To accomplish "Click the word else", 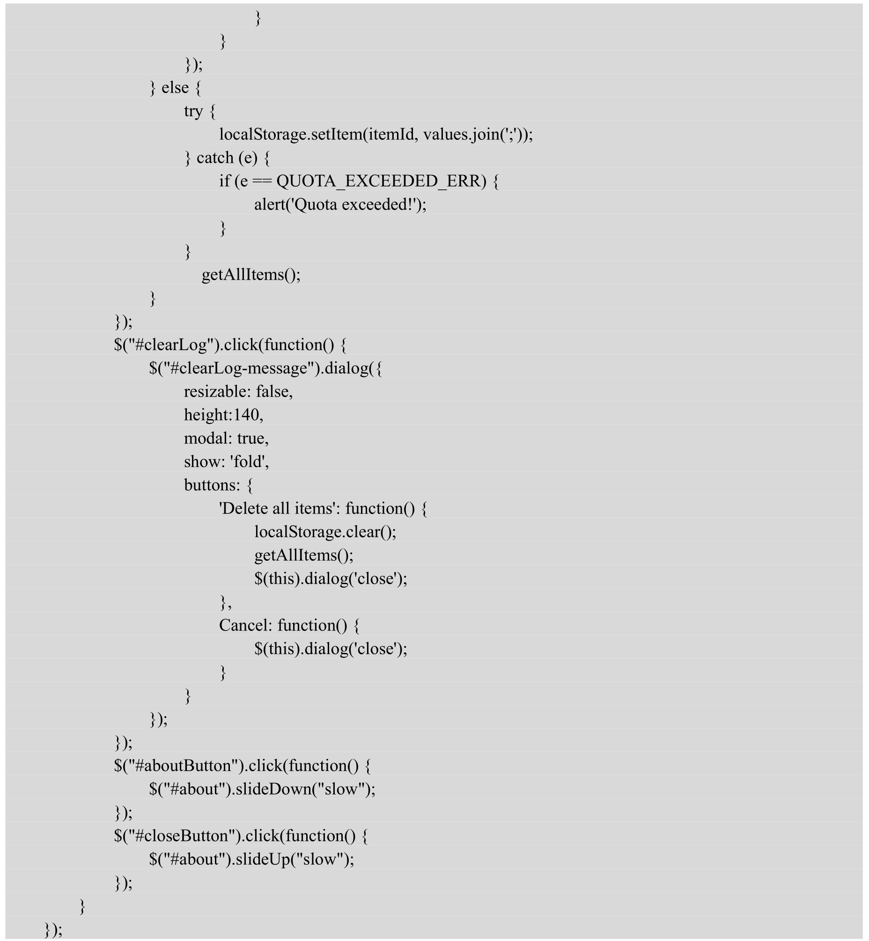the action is click(x=175, y=88).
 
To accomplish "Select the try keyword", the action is click(x=193, y=112).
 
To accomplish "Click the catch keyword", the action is click(x=215, y=158).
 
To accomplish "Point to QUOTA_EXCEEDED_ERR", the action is click(x=382, y=182).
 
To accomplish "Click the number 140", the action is click(x=246, y=415).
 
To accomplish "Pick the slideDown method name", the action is click(x=274, y=790).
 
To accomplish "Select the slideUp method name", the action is click(x=263, y=860).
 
